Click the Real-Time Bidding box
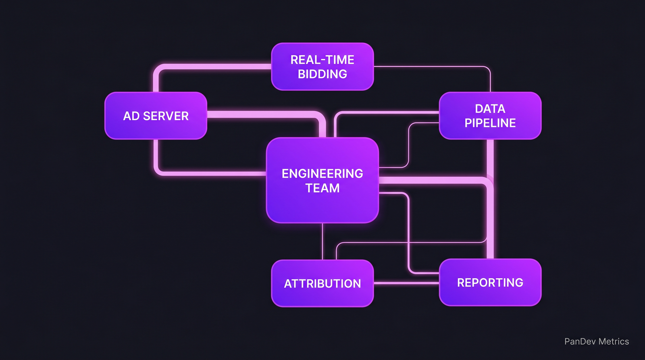322,67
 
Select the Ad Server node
156,116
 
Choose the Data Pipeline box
490,116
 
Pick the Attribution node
322,283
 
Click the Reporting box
490,283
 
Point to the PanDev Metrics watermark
596,341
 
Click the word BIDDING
322,74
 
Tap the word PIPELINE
490,123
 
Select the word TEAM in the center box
322,188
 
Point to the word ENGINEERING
322,174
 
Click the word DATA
490,109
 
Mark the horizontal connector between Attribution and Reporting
406,283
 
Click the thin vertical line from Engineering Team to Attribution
322,241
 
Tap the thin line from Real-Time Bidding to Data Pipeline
431,67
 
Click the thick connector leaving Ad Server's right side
262,114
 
